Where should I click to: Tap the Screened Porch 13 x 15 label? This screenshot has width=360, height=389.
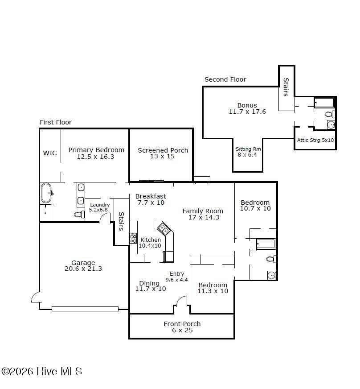[x=163, y=153]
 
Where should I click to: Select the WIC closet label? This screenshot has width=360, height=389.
[x=50, y=153]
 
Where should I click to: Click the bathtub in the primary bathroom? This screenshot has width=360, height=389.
[x=46, y=193]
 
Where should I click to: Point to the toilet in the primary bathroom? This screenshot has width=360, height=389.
[x=80, y=214]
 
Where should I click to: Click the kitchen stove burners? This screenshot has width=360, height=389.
[x=133, y=238]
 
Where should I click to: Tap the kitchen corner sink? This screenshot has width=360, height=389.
[x=163, y=229]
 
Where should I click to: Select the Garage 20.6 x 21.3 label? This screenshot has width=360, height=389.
[x=83, y=265]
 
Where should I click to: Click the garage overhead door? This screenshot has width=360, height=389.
[x=85, y=309]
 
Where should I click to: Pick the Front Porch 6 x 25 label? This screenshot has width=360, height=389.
[x=182, y=327]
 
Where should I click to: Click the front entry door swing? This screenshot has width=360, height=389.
[x=182, y=300]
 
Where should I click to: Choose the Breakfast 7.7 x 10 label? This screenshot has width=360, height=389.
[x=151, y=199]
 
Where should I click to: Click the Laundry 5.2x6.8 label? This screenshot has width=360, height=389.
[x=99, y=207]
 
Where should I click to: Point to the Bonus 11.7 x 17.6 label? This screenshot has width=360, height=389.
[x=247, y=108]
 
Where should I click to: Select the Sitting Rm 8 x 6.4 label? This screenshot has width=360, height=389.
[x=248, y=152]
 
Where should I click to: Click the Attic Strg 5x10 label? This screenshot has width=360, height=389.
[x=315, y=140]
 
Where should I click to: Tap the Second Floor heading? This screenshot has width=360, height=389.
[x=225, y=79]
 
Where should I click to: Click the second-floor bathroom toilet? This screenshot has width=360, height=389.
[x=330, y=114]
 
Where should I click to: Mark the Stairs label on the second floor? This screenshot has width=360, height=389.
[x=286, y=87]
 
